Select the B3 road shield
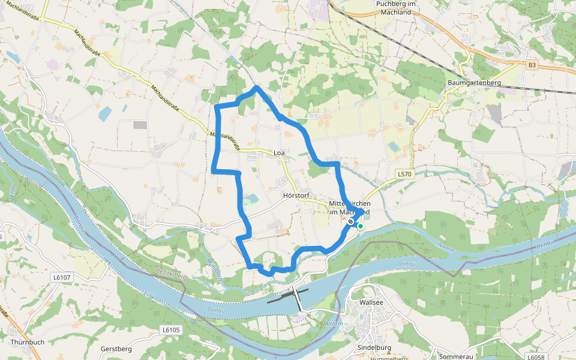click(x=532, y=64)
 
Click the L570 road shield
click(x=406, y=173)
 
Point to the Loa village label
click(x=279, y=153)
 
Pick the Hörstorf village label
click(x=295, y=195)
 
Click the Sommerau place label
click(x=457, y=356)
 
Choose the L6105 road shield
click(x=171, y=330)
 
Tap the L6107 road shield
click(x=61, y=277)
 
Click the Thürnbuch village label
click(x=28, y=343)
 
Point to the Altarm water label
click(x=334, y=324)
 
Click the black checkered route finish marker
click(x=351, y=221)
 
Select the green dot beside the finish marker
click(x=360, y=226)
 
